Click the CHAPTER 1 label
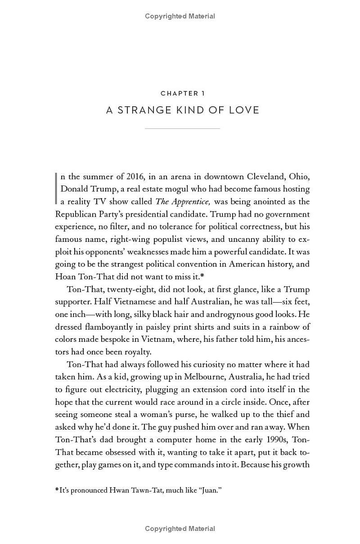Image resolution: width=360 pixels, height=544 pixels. point(182,94)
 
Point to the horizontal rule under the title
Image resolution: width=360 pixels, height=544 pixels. point(182,128)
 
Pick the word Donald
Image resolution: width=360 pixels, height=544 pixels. point(73,189)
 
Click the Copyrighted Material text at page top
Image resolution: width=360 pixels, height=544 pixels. point(180,16)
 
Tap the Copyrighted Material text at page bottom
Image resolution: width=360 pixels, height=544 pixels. point(180,529)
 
